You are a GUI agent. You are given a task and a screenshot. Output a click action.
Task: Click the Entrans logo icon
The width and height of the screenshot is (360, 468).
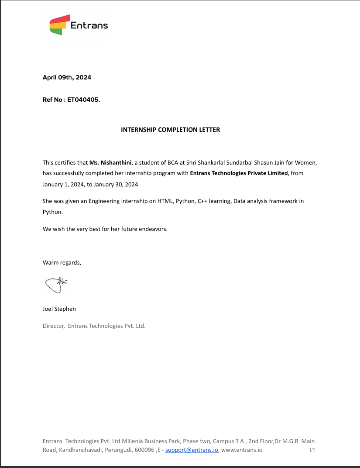[60, 25]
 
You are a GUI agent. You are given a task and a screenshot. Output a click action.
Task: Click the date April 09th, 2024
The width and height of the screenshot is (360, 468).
[67, 78]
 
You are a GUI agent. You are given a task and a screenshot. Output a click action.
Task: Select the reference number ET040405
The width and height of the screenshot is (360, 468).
[83, 100]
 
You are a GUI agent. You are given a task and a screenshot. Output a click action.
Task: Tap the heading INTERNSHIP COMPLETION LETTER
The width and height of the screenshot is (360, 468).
[170, 130]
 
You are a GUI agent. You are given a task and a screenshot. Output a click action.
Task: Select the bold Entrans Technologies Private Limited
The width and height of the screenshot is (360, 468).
[239, 173]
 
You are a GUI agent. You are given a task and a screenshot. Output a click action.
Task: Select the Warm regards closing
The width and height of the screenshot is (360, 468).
[62, 263]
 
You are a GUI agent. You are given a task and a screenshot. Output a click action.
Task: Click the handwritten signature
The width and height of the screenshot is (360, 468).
[56, 284]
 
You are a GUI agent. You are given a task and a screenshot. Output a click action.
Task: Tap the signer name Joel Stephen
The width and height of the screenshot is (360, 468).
[59, 309]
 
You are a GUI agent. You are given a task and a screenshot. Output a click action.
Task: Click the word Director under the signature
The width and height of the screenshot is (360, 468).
[53, 326]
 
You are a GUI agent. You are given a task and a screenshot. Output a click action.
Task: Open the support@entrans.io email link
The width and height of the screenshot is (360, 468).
[192, 450]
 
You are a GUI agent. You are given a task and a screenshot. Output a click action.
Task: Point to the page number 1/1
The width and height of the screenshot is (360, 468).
[312, 450]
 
